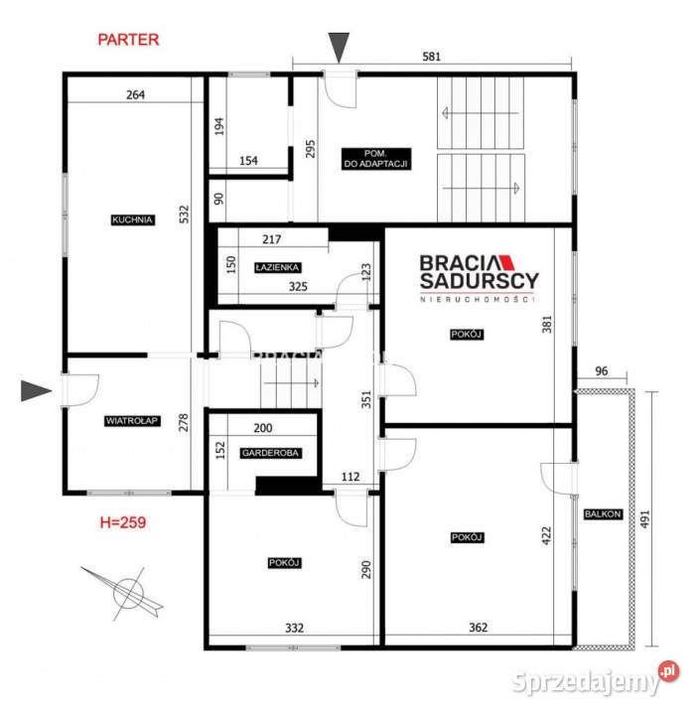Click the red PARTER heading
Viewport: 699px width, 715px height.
coord(128,40)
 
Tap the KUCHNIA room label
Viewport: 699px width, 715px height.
coord(132,219)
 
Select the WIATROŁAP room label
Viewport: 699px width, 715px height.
coord(132,420)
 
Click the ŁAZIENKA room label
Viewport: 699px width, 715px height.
coord(277,267)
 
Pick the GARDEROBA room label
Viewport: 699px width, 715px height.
coord(270,453)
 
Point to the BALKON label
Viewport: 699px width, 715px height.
coord(603,514)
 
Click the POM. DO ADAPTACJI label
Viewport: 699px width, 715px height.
coord(376,159)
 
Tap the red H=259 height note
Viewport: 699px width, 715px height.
coord(123,522)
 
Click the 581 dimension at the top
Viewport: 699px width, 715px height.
coord(431,57)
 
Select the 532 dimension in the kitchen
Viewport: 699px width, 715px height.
coord(184,214)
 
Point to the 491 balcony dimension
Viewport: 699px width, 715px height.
coord(644,519)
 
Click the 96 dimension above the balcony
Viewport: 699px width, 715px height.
coord(602,371)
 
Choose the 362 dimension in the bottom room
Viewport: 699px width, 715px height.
coord(479,628)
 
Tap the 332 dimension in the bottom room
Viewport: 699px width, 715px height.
coord(295,628)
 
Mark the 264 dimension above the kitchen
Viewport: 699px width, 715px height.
coord(135,95)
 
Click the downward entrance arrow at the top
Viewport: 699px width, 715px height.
coord(339,48)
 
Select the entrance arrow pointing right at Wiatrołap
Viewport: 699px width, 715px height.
coord(36,391)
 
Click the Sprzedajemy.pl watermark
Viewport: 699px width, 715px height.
coord(595,679)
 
